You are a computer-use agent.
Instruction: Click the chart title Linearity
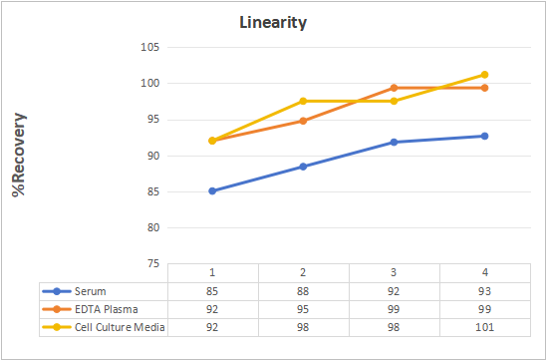pyautogui.click(x=273, y=23)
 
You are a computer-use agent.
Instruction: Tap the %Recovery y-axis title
pyautogui.click(x=19, y=155)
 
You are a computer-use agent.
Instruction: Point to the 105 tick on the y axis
pyautogui.click(x=150, y=47)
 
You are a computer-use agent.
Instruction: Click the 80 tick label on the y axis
pyautogui.click(x=152, y=227)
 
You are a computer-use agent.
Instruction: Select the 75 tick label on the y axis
pyautogui.click(x=152, y=264)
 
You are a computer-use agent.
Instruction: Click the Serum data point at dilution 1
pyautogui.click(x=212, y=191)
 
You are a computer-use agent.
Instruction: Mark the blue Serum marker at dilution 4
pyautogui.click(x=484, y=136)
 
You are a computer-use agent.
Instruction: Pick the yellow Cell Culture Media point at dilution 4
pyautogui.click(x=484, y=75)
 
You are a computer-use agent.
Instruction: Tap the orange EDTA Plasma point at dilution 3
pyautogui.click(x=394, y=88)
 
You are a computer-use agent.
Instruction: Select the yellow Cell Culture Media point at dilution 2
pyautogui.click(x=303, y=101)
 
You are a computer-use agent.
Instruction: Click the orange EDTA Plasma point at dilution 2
pyautogui.click(x=303, y=121)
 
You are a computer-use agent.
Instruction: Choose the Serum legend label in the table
pyautogui.click(x=91, y=291)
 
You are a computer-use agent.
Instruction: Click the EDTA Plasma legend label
pyautogui.click(x=107, y=309)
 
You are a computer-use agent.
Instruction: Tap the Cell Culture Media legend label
pyautogui.click(x=120, y=327)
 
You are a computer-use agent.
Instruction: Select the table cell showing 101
pyautogui.click(x=485, y=327)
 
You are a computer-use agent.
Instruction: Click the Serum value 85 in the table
pyautogui.click(x=212, y=291)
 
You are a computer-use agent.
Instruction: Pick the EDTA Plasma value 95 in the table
pyautogui.click(x=303, y=309)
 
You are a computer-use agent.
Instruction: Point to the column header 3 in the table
pyautogui.click(x=394, y=272)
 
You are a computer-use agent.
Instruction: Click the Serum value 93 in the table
pyautogui.click(x=485, y=291)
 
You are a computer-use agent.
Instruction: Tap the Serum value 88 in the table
pyautogui.click(x=303, y=291)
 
